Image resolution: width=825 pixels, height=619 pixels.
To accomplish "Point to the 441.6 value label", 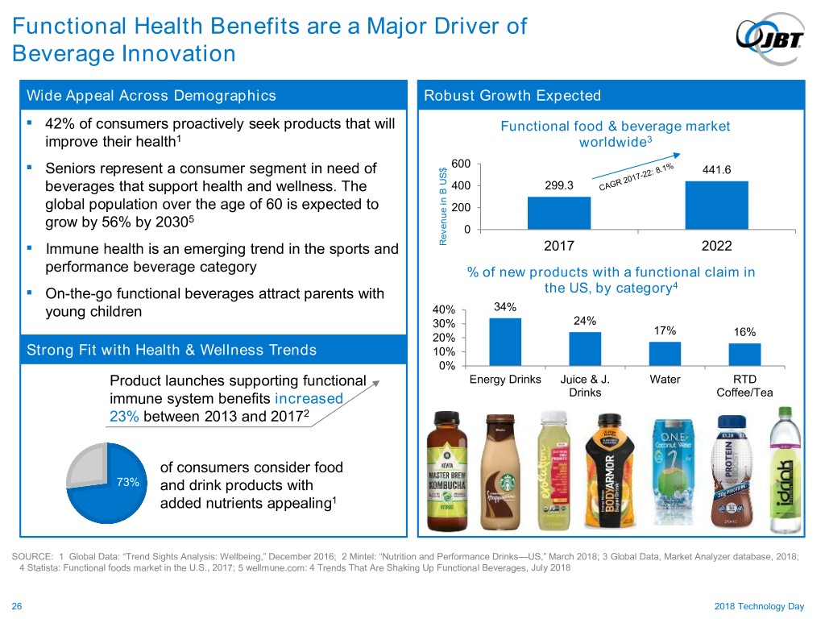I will pos(717,170).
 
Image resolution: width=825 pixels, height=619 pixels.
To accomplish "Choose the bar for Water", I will pos(665,353).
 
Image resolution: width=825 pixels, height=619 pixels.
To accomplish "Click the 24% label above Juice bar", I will pos(584,321).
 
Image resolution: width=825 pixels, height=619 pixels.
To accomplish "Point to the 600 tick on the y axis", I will pos(461,164).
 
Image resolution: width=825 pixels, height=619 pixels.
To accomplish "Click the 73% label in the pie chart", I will pos(127,483).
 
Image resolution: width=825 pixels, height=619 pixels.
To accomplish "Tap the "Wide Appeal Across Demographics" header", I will pos(151,96).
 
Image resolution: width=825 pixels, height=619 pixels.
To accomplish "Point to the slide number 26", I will pos(16,607).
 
